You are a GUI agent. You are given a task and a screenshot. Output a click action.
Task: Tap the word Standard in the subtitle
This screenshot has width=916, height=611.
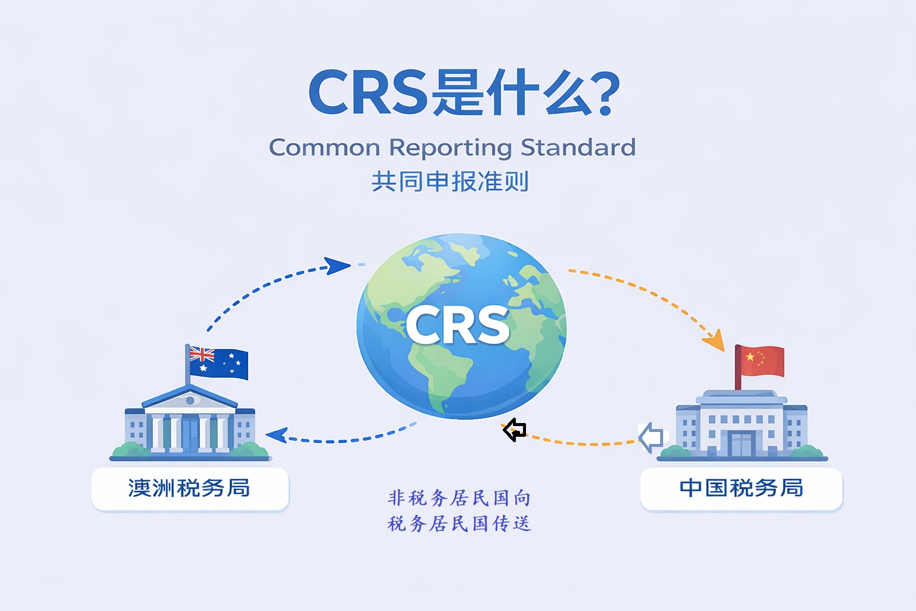578,147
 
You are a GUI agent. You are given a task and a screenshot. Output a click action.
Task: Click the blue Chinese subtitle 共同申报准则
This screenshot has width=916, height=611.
450,181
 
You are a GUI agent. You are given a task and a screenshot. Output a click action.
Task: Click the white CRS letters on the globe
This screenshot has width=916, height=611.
458,325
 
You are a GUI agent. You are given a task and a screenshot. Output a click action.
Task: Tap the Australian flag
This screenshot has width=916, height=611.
218,362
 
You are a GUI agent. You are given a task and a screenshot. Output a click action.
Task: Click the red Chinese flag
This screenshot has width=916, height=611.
760,360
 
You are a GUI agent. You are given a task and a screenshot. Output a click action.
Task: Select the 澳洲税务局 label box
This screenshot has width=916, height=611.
190,488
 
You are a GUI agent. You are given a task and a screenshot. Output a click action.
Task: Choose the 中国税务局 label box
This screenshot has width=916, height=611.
741,488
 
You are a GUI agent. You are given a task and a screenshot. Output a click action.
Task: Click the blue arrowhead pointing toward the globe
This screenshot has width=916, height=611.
338,266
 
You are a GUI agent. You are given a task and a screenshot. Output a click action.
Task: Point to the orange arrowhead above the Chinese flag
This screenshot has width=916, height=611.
714,341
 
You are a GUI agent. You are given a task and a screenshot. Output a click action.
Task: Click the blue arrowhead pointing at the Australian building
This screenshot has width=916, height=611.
276,435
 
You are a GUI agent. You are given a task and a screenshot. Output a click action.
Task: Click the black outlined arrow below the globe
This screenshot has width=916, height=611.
515,430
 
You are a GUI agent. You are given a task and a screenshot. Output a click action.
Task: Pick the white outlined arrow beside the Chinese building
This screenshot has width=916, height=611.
651,437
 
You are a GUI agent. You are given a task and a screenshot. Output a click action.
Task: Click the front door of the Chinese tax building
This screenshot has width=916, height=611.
742,444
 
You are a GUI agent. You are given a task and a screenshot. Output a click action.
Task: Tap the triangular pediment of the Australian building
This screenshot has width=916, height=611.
190,398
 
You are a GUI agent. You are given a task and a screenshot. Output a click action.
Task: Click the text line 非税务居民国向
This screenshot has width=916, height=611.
459,498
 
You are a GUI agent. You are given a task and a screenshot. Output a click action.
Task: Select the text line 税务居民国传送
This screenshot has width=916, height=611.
459,524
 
